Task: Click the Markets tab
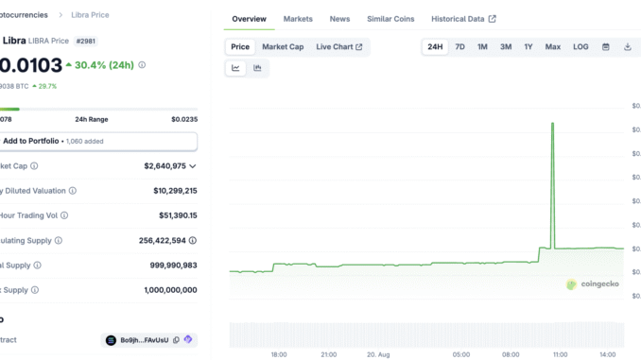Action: click(298, 19)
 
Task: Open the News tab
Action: click(339, 19)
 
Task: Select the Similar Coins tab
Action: click(390, 19)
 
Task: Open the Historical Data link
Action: click(463, 19)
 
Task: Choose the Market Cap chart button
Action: click(283, 46)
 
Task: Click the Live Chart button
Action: click(338, 46)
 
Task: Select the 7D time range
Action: click(459, 46)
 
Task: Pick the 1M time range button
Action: click(482, 46)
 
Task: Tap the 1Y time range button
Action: click(528, 46)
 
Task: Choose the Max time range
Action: click(552, 46)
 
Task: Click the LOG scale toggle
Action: click(580, 46)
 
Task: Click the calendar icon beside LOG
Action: click(606, 46)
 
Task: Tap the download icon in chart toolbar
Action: click(627, 46)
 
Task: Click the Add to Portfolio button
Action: click(98, 141)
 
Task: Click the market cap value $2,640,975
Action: click(165, 165)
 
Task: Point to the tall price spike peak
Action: click(552, 124)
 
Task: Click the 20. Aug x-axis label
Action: click(376, 354)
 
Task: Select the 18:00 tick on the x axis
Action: click(278, 354)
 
